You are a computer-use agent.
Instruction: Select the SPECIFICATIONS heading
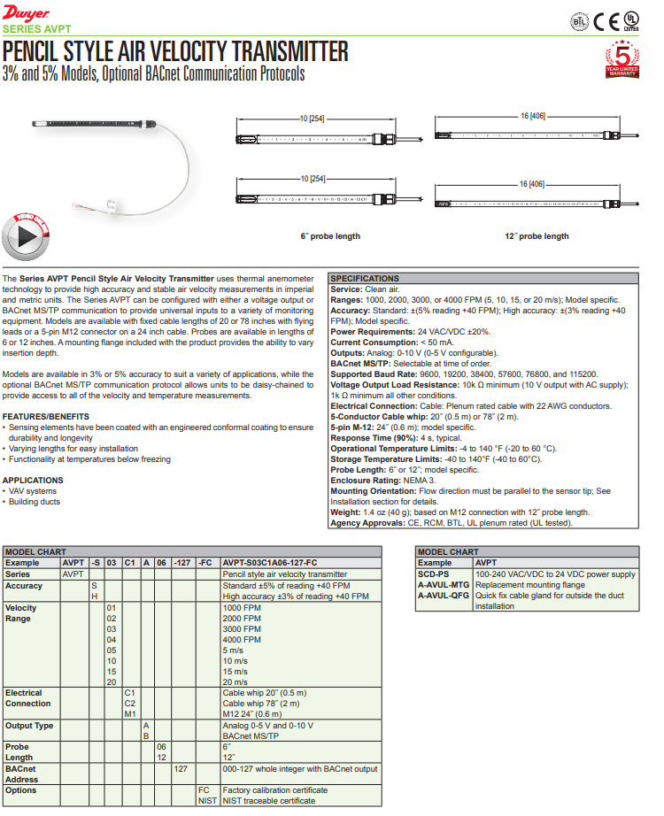pyautogui.click(x=365, y=279)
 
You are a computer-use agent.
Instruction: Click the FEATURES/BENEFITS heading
pyautogui.click(x=46, y=416)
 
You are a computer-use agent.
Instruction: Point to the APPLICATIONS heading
pyautogui.click(x=33, y=480)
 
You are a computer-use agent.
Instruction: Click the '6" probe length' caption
pyautogui.click(x=330, y=236)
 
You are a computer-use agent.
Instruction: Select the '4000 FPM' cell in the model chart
pyautogui.click(x=242, y=639)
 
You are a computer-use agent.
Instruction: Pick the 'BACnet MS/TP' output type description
pyautogui.click(x=250, y=736)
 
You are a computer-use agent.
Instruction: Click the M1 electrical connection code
pyautogui.click(x=129, y=714)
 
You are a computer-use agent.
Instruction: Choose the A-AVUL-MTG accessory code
pyautogui.click(x=444, y=585)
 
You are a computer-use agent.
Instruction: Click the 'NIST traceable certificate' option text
pyautogui.click(x=268, y=801)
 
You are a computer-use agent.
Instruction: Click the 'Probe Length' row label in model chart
pyautogui.click(x=19, y=752)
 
